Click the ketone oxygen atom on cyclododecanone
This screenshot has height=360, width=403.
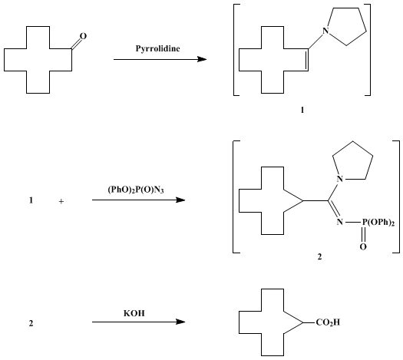pos(83,36)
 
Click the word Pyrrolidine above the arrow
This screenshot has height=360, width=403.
pos(158,48)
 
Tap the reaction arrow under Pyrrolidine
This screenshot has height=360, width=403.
pos(160,59)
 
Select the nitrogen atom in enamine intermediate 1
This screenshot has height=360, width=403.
pos(326,31)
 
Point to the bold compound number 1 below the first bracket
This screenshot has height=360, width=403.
pos(302,110)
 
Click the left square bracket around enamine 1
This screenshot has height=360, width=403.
pos(236,50)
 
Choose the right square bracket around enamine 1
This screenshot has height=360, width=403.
pos(368,50)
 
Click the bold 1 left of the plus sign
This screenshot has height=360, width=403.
pos(31,200)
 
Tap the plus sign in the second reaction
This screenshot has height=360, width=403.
pos(61,202)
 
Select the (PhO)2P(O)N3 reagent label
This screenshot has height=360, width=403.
pos(136,190)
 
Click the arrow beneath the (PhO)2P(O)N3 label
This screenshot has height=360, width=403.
pos(139,200)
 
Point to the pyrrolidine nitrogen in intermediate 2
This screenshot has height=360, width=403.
pos(340,179)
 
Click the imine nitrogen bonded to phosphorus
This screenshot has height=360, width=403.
pos(340,222)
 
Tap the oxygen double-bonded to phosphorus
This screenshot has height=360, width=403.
pos(363,247)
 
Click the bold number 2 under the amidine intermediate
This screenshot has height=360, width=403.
pos(319,256)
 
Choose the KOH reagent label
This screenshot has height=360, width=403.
pos(134,313)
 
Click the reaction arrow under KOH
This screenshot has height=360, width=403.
pos(139,322)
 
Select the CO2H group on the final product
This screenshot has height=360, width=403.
pos(328,322)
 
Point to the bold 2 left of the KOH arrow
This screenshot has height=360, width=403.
pos(31,323)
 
